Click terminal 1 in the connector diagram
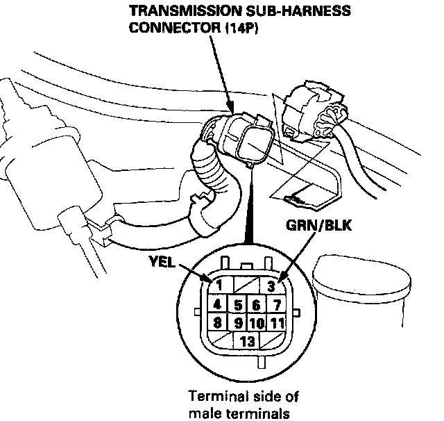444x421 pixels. coord(217,285)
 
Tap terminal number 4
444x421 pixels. coord(217,304)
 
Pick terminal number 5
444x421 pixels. coord(237,304)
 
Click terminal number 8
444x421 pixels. coord(217,322)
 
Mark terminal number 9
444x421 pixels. coord(237,323)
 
